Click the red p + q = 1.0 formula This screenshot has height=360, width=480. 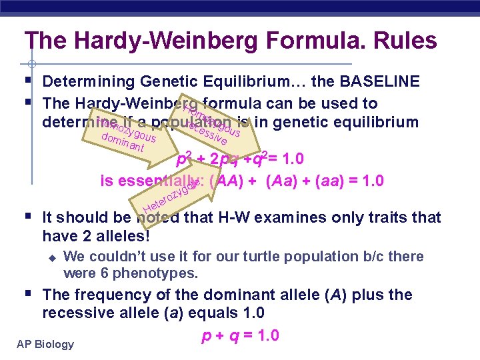240,335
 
